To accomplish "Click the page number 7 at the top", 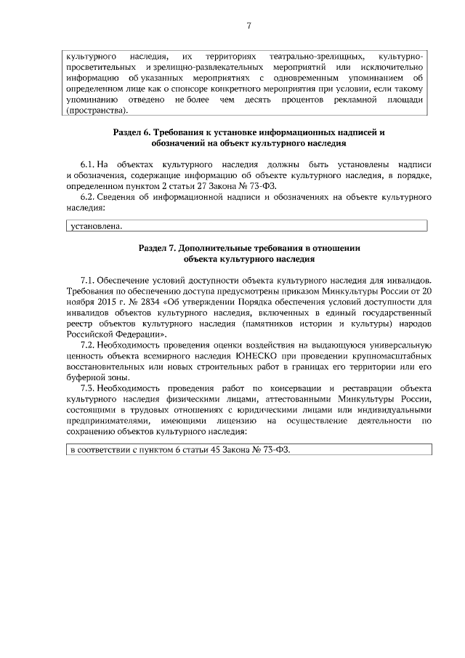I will (x=248, y=26).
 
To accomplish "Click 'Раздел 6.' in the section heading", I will (x=133, y=134).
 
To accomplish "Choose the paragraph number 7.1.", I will (x=87, y=280).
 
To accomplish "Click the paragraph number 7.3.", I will (x=87, y=388).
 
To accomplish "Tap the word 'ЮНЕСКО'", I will (x=254, y=357).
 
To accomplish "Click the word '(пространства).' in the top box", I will (x=96, y=111).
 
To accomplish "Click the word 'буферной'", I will (x=83, y=377).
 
